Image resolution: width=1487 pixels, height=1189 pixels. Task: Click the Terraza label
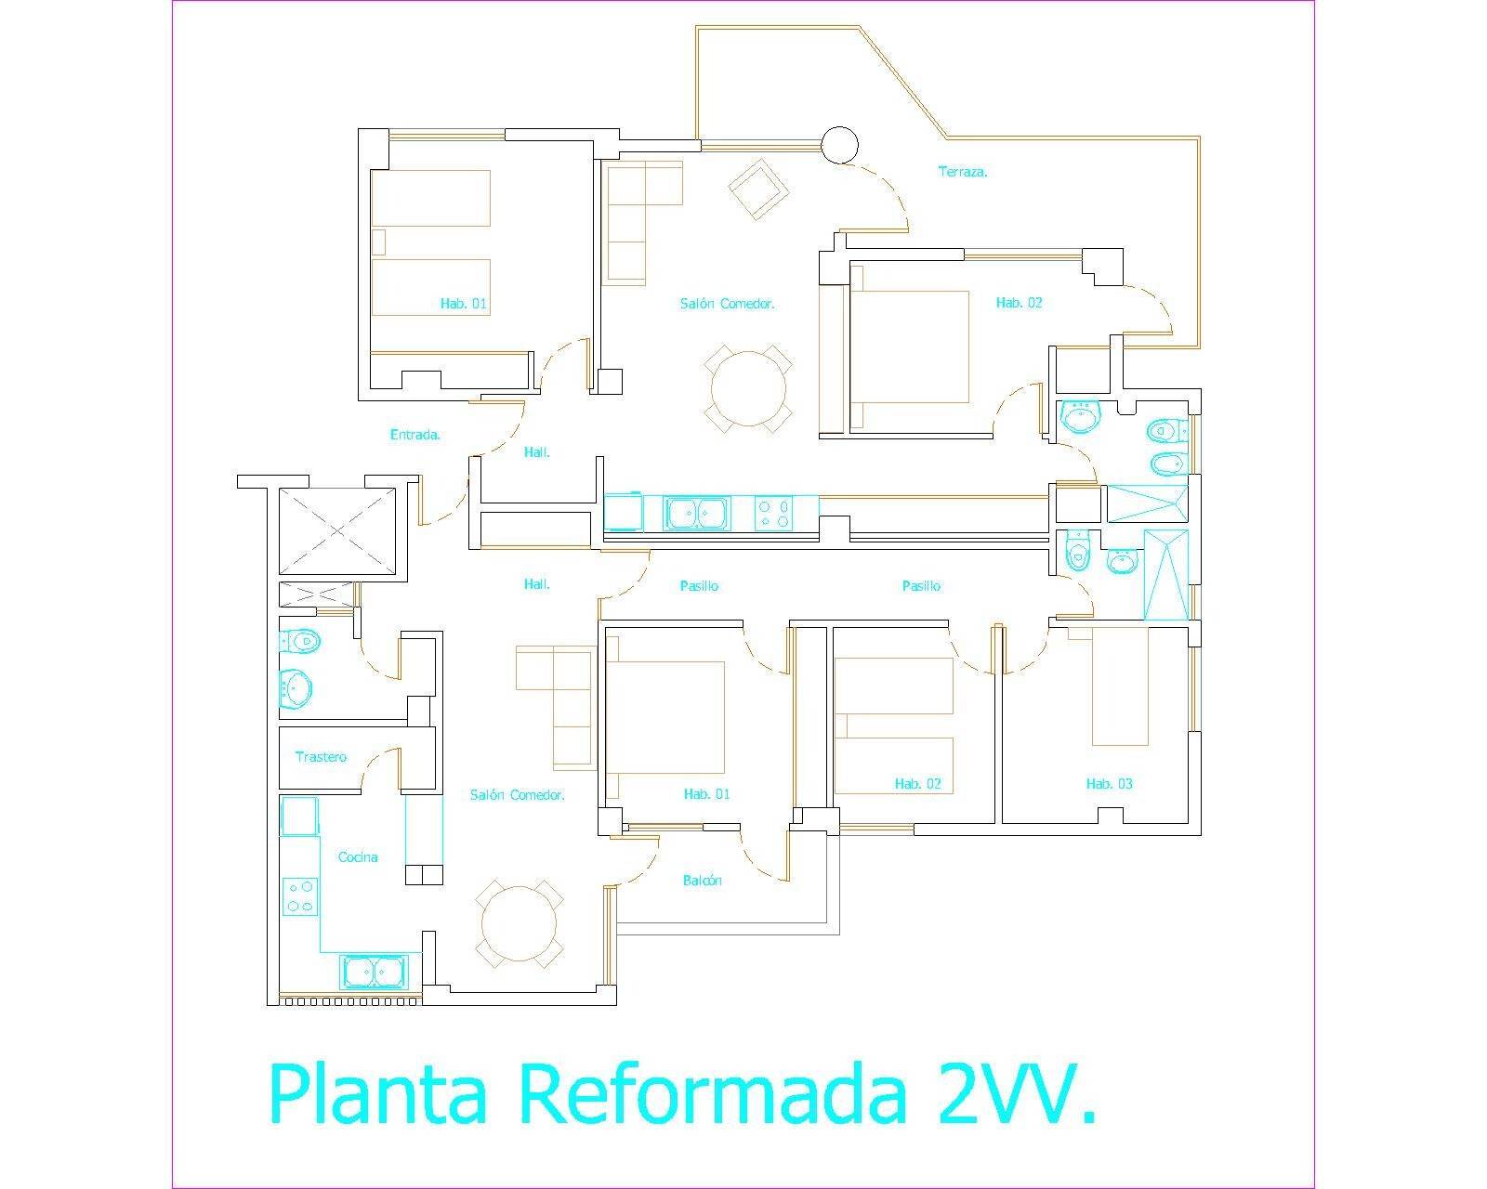[962, 172]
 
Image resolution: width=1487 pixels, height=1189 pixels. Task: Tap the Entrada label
[415, 434]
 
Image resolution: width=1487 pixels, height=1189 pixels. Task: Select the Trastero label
[321, 757]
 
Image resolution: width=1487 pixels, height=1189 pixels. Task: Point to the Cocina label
[358, 857]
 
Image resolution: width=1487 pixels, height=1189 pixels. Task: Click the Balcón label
[702, 881]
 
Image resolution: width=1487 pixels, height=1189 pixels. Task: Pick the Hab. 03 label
[1109, 784]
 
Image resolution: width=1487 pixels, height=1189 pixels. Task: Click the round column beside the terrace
[840, 144]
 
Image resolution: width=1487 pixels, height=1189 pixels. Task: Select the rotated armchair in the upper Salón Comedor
[759, 189]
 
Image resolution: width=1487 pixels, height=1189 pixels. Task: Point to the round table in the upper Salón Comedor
[749, 386]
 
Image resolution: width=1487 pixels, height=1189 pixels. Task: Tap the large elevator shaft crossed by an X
[336, 530]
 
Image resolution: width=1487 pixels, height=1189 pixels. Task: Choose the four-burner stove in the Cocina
[300, 895]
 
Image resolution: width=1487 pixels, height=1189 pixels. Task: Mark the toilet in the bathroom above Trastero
[298, 640]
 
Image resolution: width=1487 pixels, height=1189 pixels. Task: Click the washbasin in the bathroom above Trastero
[296, 689]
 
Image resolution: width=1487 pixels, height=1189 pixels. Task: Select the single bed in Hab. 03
[1120, 686]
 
